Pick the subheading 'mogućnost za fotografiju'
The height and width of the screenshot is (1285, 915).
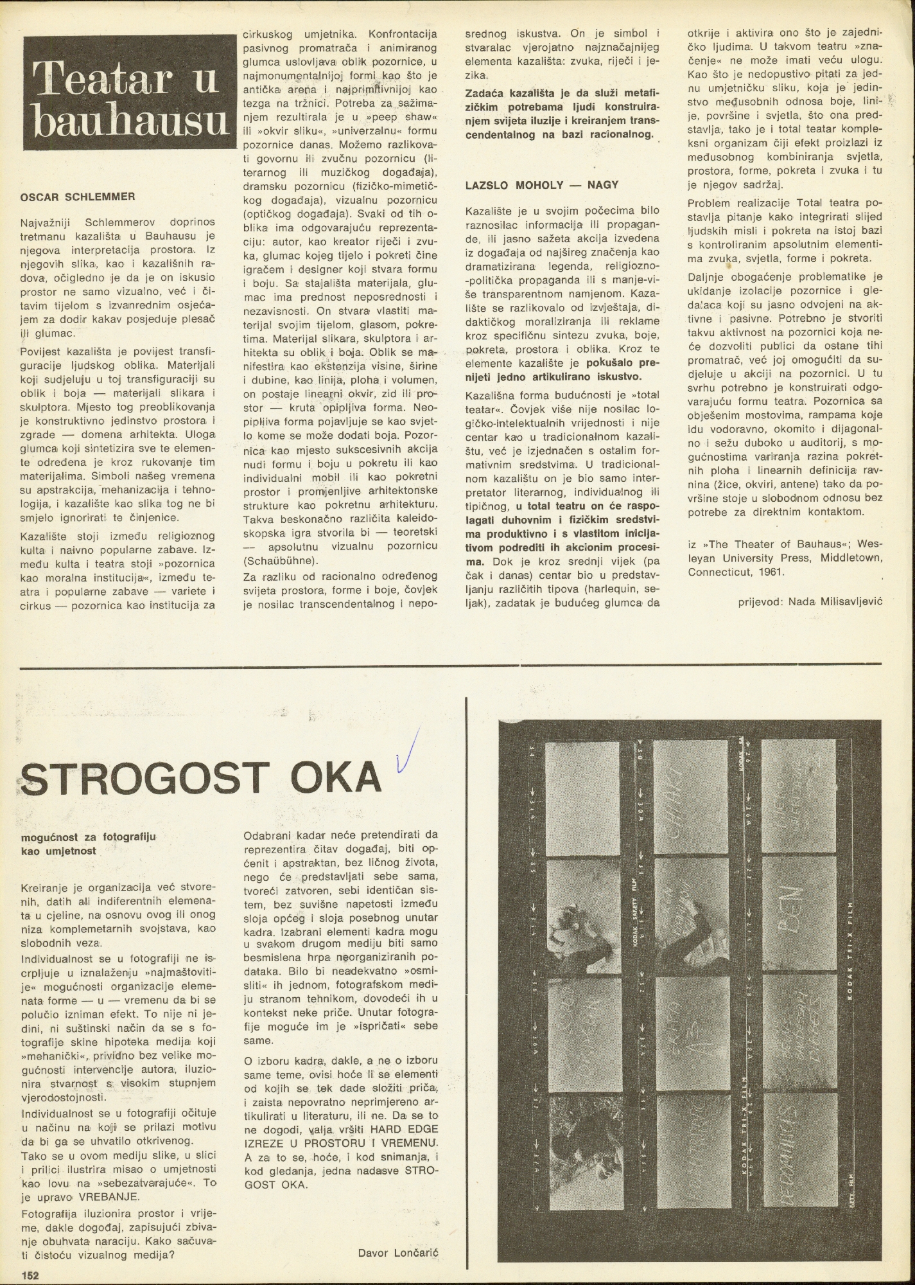pyautogui.click(x=88, y=837)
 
